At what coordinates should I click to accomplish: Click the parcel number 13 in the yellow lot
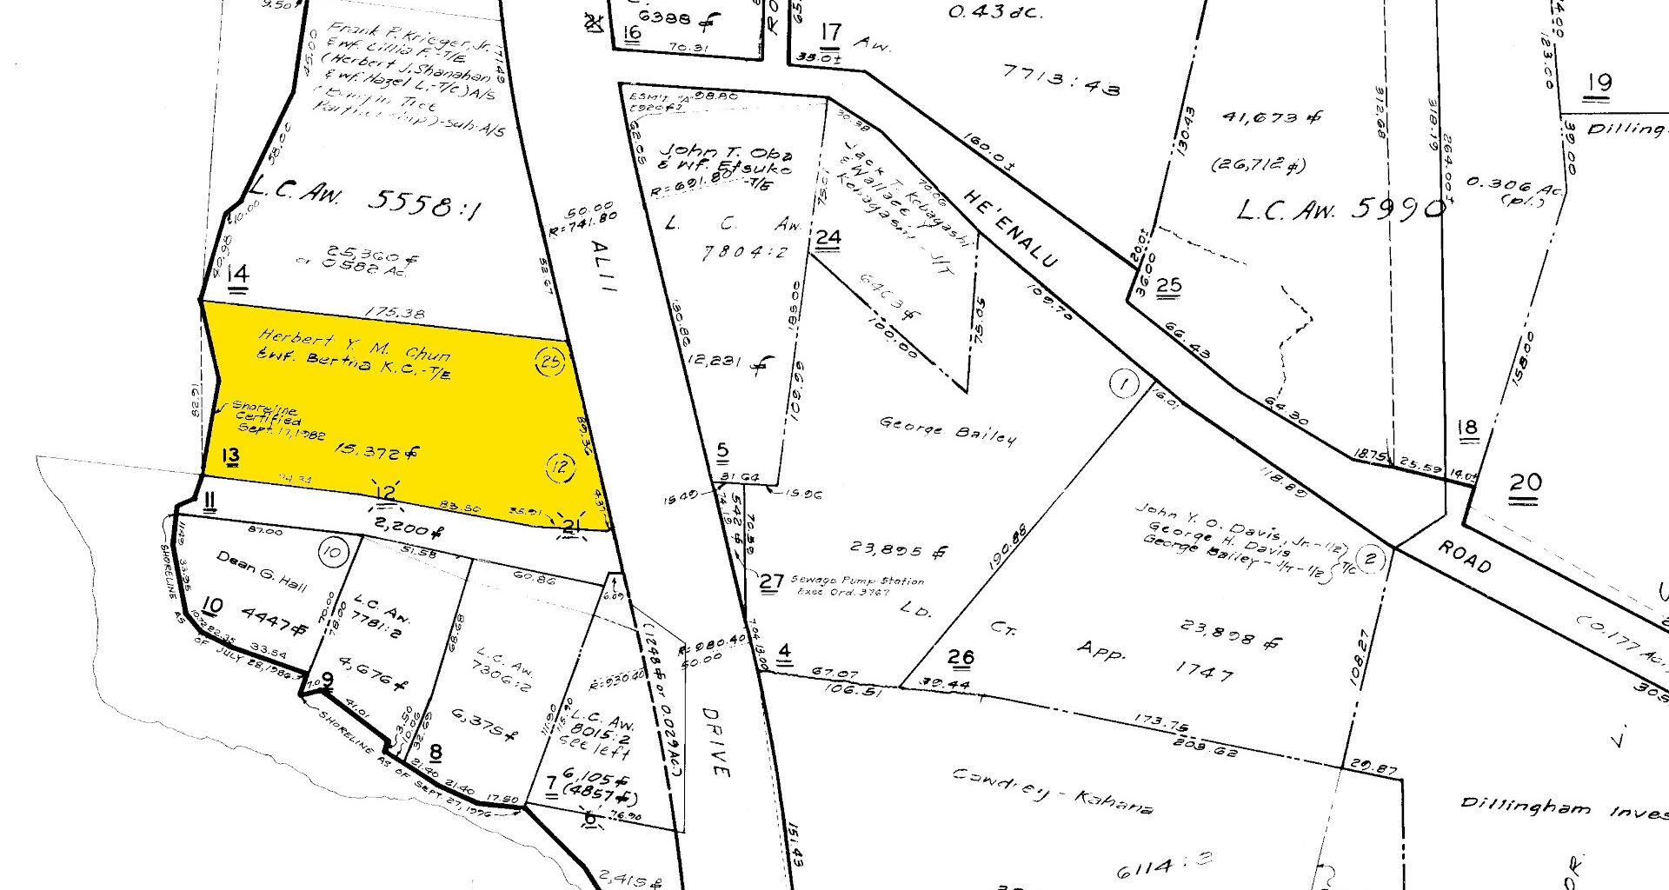[230, 456]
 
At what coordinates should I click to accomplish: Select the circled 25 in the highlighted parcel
[549, 361]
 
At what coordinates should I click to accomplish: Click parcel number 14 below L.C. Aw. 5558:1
[237, 276]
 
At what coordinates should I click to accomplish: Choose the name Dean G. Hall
[262, 571]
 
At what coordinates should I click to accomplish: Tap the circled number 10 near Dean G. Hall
[332, 552]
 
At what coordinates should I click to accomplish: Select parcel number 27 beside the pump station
[771, 581]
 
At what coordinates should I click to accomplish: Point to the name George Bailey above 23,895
[948, 430]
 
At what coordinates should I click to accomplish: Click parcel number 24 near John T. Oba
[828, 238]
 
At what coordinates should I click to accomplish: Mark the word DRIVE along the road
[716, 741]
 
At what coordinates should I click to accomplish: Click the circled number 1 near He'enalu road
[1124, 383]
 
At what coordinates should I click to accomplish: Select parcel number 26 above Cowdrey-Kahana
[961, 658]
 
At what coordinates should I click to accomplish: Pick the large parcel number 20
[1526, 484]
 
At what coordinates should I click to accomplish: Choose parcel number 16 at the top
[632, 33]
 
